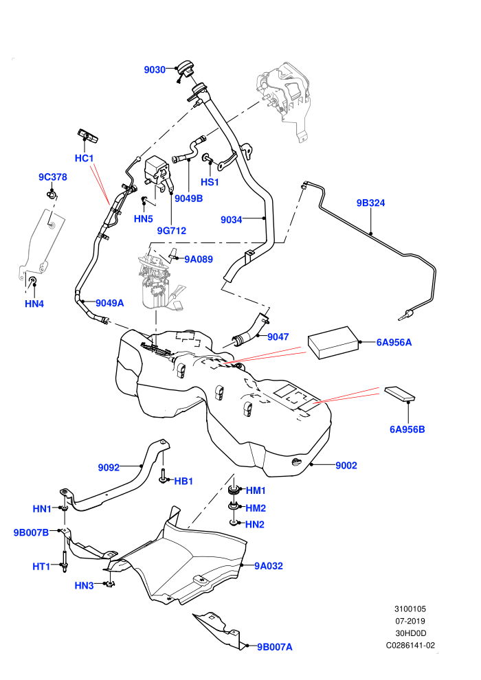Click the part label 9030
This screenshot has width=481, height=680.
click(x=155, y=70)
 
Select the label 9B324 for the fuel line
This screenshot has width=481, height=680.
click(x=370, y=203)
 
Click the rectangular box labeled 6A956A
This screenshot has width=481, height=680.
click(x=333, y=343)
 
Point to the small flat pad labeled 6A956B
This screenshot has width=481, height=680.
click(x=399, y=394)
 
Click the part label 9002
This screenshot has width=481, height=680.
click(x=346, y=466)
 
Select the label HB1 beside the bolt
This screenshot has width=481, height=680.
click(x=183, y=481)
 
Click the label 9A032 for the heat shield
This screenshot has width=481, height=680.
click(x=269, y=566)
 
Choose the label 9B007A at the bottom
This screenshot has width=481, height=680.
click(x=275, y=647)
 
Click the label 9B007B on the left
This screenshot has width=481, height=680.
click(x=31, y=532)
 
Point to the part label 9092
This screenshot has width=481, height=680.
click(x=109, y=468)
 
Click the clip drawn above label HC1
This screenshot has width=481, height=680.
click(x=88, y=136)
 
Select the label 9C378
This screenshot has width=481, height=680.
click(x=53, y=177)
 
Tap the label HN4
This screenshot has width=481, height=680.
click(x=34, y=304)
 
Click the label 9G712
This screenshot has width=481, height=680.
click(x=171, y=231)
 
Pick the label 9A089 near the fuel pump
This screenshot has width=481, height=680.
click(x=199, y=260)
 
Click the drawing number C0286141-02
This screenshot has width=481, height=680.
click(x=410, y=645)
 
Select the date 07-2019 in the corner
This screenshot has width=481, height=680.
click(x=410, y=621)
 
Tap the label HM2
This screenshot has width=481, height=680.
click(x=256, y=508)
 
